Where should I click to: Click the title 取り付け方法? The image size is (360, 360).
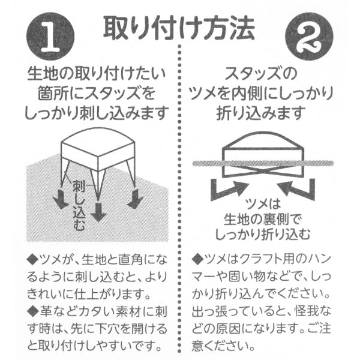180,26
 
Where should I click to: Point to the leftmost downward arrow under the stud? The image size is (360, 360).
60,199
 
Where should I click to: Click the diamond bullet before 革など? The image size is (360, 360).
32,311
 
